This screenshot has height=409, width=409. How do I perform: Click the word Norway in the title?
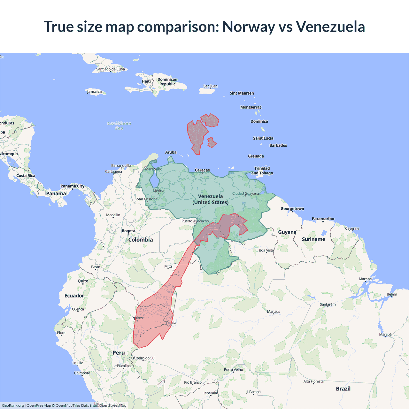point(248,27)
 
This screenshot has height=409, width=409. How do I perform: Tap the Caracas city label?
point(202,170)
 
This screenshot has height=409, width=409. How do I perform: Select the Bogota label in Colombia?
point(128,231)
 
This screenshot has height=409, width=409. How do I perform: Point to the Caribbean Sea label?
point(119,126)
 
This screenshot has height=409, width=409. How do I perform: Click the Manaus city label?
point(274,312)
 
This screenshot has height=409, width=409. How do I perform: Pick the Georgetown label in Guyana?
point(292,209)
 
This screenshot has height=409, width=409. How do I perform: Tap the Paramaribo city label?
point(323,219)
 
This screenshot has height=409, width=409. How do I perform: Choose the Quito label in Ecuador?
point(83,281)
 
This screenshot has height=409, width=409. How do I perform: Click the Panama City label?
point(73,186)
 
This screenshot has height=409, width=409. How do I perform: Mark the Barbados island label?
point(278,145)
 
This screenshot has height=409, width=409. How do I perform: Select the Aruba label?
point(171,152)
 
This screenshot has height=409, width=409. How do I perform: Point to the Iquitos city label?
point(137,318)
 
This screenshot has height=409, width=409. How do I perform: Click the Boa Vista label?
point(266,250)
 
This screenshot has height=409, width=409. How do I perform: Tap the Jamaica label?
point(94,92)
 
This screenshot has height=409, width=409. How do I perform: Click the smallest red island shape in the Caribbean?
point(212,143)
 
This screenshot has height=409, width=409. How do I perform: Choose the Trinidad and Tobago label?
point(262,171)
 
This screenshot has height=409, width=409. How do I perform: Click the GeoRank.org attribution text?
point(13,405)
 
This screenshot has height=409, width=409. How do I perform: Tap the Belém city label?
point(392,294)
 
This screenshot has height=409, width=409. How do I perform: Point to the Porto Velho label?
point(233,370)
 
